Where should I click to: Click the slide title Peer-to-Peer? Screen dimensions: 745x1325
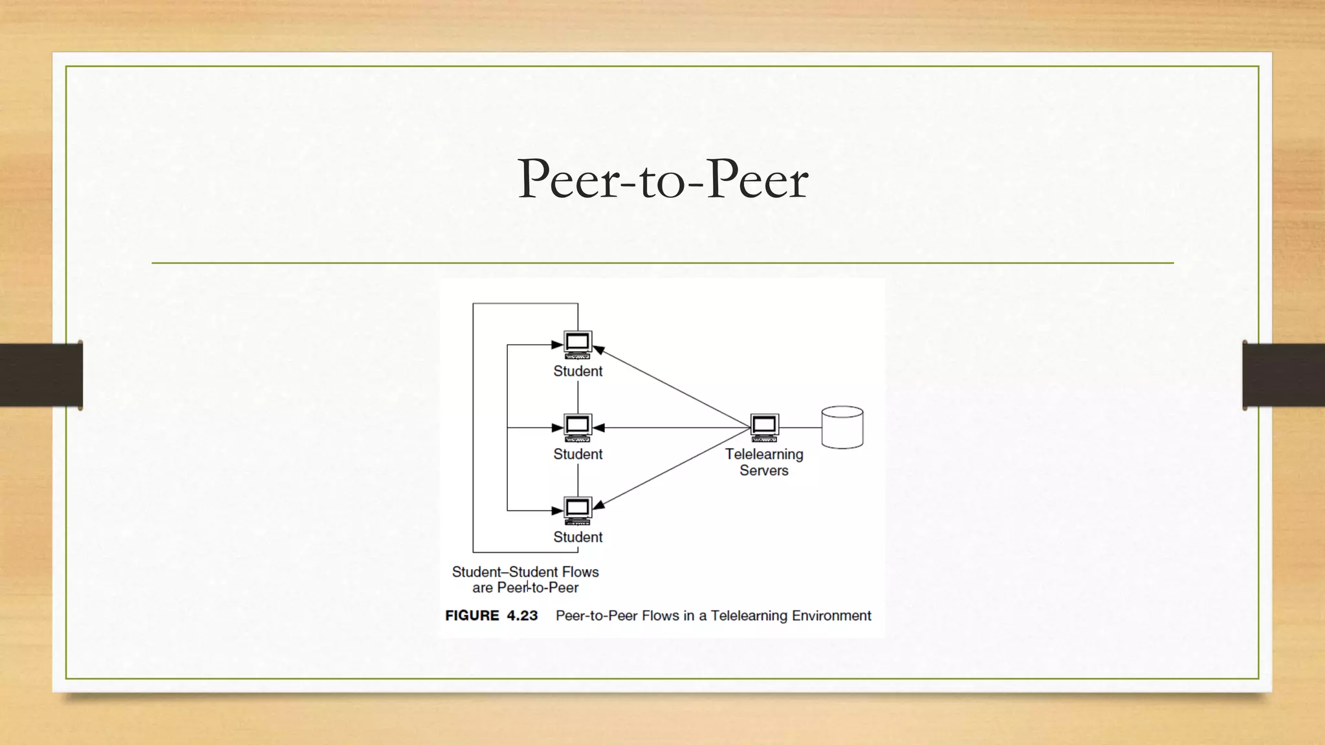[x=662, y=179]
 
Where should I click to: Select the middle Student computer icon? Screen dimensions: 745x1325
[x=577, y=427]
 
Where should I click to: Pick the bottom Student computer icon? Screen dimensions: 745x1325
[x=577, y=510]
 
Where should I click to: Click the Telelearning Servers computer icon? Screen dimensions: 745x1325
[x=764, y=427]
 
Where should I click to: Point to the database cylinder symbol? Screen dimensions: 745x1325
[x=842, y=427]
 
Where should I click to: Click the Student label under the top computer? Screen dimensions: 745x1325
[x=577, y=371]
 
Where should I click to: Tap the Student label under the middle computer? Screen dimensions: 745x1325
[x=577, y=454]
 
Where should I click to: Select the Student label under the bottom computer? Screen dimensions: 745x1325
[x=577, y=537]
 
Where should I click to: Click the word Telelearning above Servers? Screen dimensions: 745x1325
[x=764, y=454]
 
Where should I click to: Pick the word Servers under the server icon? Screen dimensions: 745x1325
[x=764, y=471]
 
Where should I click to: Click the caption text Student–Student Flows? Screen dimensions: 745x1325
[x=525, y=572]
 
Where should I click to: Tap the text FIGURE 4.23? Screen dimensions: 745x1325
[x=491, y=616]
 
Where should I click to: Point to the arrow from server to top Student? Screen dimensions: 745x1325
[x=673, y=387]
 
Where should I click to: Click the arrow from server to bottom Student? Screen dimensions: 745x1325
[x=673, y=468]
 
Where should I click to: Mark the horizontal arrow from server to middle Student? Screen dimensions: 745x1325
[x=673, y=427]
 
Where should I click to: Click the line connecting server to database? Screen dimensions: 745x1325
[x=800, y=427]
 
